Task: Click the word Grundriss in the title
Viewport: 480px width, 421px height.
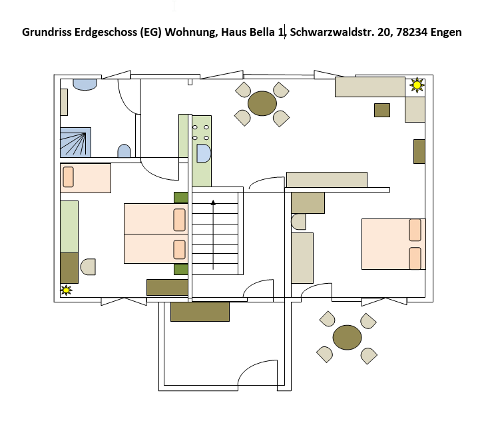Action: click(x=47, y=32)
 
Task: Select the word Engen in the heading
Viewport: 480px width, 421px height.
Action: click(x=446, y=33)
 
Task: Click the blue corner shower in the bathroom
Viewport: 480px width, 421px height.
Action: click(x=76, y=143)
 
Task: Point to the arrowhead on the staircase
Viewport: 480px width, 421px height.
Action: click(x=213, y=203)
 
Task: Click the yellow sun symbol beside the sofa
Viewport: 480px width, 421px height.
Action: click(x=417, y=85)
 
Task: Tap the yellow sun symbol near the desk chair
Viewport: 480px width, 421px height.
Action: click(x=66, y=290)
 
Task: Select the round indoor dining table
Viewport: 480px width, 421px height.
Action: click(x=262, y=103)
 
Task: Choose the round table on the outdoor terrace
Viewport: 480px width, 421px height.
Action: click(x=347, y=337)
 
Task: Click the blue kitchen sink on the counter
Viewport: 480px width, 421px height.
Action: click(x=204, y=153)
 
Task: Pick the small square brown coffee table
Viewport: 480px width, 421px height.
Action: click(x=382, y=111)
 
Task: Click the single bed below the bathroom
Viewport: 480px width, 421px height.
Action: click(x=86, y=178)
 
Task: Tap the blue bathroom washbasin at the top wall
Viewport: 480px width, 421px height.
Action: click(x=85, y=85)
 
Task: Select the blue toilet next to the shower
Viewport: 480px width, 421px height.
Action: click(x=124, y=151)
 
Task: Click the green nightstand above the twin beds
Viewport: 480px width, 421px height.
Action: click(x=181, y=198)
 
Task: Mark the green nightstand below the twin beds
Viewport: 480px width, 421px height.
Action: click(x=181, y=269)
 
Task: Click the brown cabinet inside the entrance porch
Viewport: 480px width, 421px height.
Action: click(x=200, y=312)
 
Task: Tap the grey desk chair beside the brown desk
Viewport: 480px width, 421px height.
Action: click(x=88, y=267)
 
